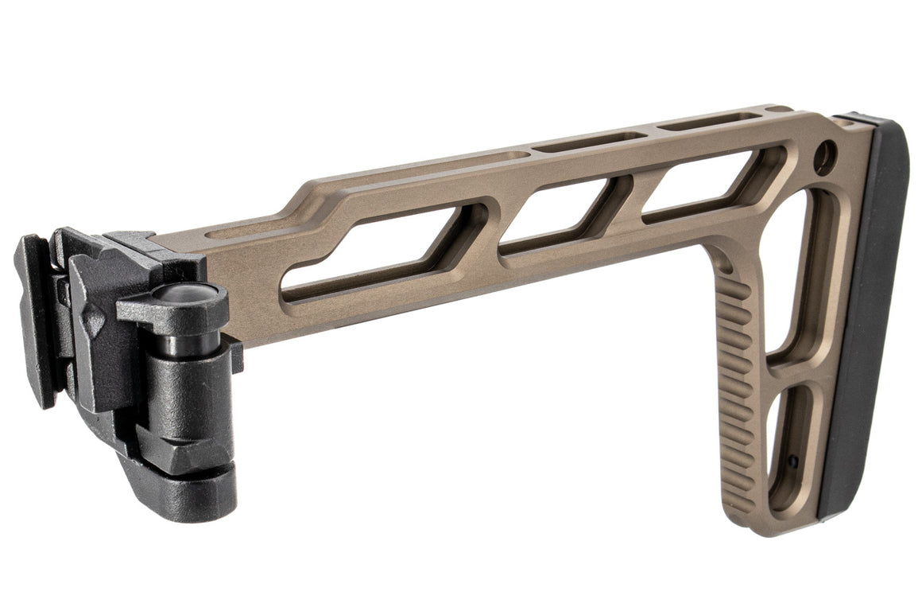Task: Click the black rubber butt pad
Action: point(870,318)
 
